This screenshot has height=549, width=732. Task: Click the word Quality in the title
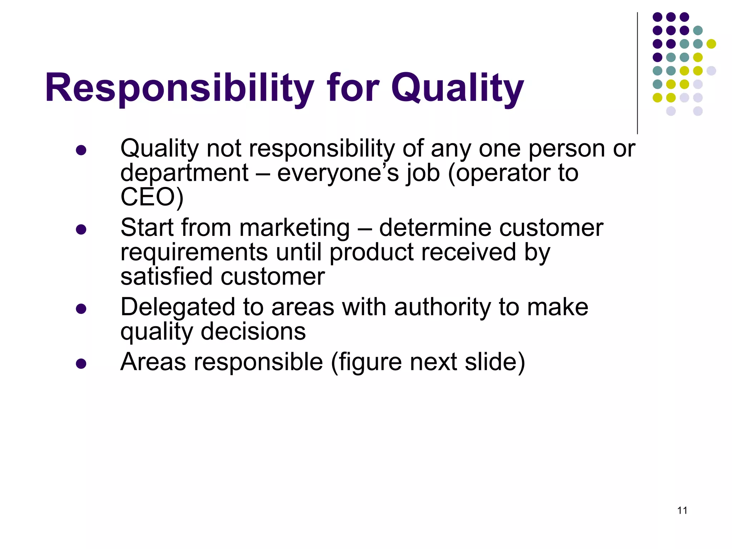point(457,88)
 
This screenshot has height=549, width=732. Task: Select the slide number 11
point(682,510)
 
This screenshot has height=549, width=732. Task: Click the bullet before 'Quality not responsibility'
point(81,150)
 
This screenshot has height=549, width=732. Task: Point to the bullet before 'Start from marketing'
point(81,229)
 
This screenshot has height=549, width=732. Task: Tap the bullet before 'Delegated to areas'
point(81,308)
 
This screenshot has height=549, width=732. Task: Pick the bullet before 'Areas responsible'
point(81,363)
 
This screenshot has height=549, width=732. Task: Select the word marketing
point(294,228)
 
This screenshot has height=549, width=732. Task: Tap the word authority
point(442,307)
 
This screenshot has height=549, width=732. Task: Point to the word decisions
point(253,331)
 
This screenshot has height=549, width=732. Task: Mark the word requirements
point(194,252)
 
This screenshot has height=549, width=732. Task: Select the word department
point(184,173)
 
